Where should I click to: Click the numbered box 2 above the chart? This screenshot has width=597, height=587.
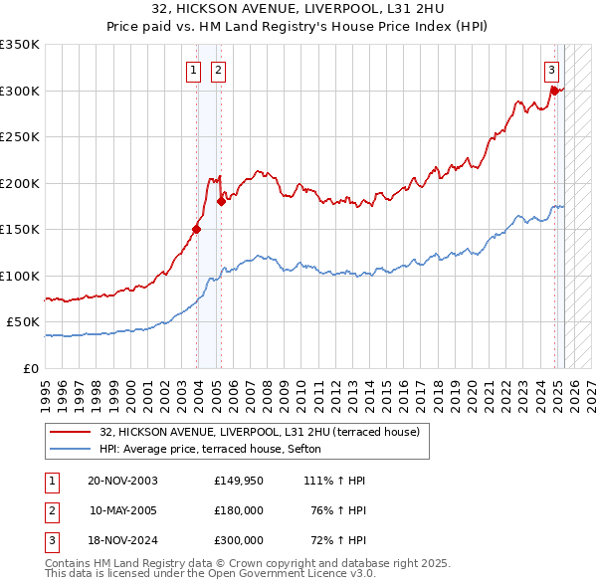[x=217, y=70]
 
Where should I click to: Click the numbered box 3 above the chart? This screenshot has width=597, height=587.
[x=551, y=70]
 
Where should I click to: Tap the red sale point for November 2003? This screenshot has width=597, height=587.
[x=197, y=229]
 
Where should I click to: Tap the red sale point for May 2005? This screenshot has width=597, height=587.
[x=221, y=201]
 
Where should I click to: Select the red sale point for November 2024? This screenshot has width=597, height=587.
[x=554, y=91]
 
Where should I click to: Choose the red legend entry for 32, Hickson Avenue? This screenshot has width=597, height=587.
[x=260, y=432]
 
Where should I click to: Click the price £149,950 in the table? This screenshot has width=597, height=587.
[x=239, y=481]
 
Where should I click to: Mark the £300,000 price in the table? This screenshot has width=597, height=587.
[x=239, y=540]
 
